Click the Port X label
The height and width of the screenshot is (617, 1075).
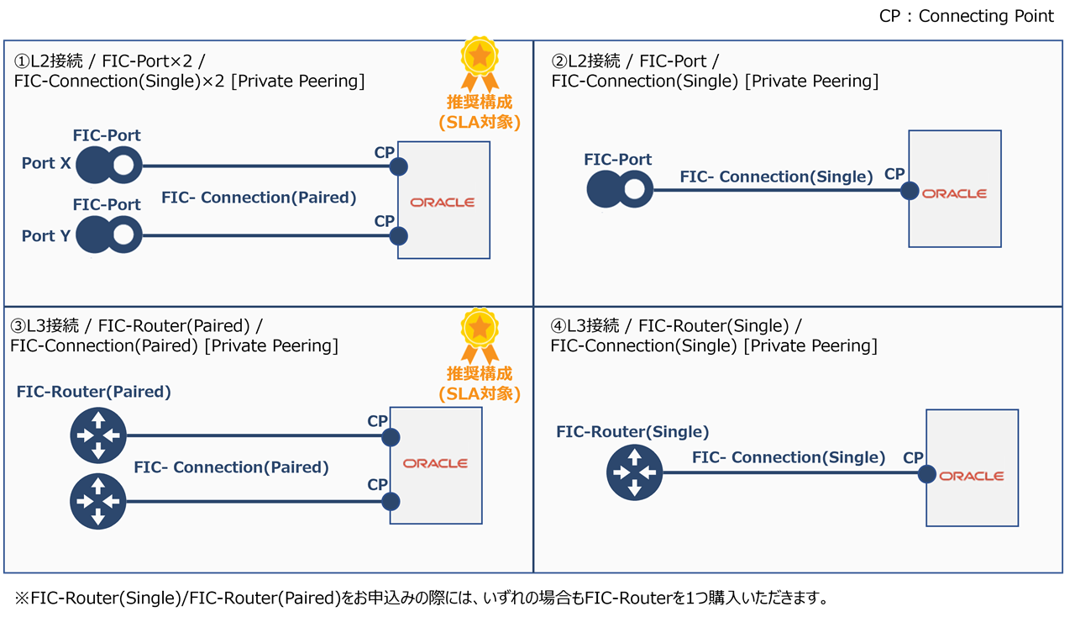pyautogui.click(x=46, y=163)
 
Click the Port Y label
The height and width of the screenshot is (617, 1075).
pyautogui.click(x=46, y=236)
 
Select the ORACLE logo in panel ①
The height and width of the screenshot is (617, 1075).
pyautogui.click(x=443, y=203)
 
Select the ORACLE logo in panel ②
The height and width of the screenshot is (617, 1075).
pyautogui.click(x=955, y=193)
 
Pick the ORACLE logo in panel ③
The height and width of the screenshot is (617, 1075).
pyautogui.click(x=435, y=463)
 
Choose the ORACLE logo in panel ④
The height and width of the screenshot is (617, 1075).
pyautogui.click(x=972, y=476)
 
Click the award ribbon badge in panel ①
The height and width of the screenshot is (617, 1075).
pyautogui.click(x=480, y=62)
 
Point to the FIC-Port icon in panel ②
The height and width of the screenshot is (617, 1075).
pyautogui.click(x=620, y=191)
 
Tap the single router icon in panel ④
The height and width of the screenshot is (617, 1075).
pyautogui.click(x=634, y=472)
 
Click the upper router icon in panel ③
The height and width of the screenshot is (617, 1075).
pyautogui.click(x=98, y=435)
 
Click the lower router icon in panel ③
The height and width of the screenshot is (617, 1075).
pyautogui.click(x=98, y=502)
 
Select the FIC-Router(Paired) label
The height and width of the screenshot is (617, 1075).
pyautogui.click(x=93, y=392)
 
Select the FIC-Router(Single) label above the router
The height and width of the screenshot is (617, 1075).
pyautogui.click(x=632, y=432)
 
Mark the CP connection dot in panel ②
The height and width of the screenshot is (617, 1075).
pyautogui.click(x=910, y=191)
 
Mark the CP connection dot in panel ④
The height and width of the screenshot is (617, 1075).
pyautogui.click(x=927, y=474)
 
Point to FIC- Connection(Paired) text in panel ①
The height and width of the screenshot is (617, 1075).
pyautogui.click(x=259, y=198)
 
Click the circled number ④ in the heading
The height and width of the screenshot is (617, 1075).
pyautogui.click(x=559, y=325)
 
